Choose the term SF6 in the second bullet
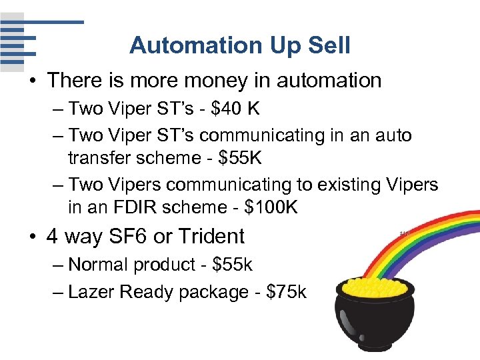(x=135, y=236)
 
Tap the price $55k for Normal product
(x=232, y=265)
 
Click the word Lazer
(x=93, y=292)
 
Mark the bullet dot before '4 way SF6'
(x=31, y=237)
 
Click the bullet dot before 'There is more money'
(x=31, y=81)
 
